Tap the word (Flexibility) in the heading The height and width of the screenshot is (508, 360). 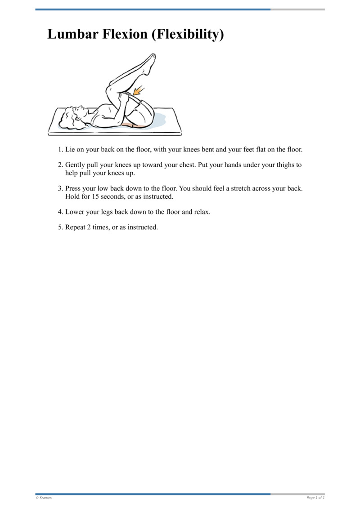coord(188,35)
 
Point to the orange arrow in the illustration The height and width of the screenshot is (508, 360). coord(139,90)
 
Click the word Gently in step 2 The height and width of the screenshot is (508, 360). coord(76,165)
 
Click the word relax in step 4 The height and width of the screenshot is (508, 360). coord(201,212)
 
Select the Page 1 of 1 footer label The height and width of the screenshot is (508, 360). coord(315,498)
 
